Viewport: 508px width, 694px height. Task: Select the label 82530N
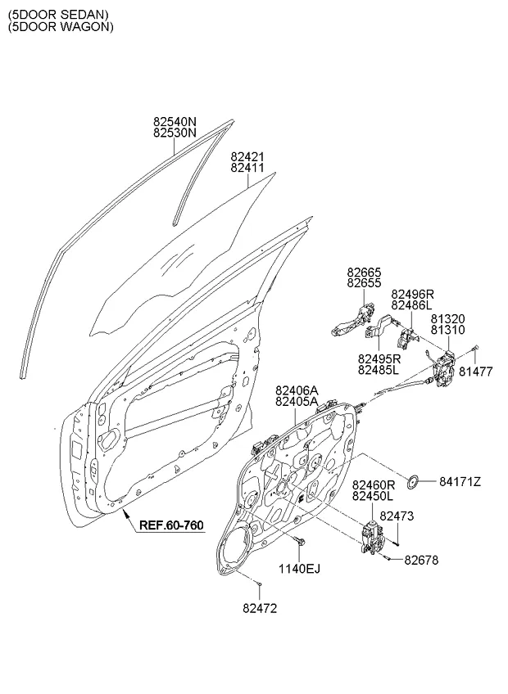175,132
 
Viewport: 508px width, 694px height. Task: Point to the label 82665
363,272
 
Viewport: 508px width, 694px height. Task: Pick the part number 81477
475,371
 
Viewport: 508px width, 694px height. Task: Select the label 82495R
379,358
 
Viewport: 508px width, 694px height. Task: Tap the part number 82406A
297,391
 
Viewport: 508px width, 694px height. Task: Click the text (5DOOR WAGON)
61,26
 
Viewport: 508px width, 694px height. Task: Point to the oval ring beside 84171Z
415,480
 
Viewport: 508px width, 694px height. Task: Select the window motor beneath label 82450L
374,538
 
